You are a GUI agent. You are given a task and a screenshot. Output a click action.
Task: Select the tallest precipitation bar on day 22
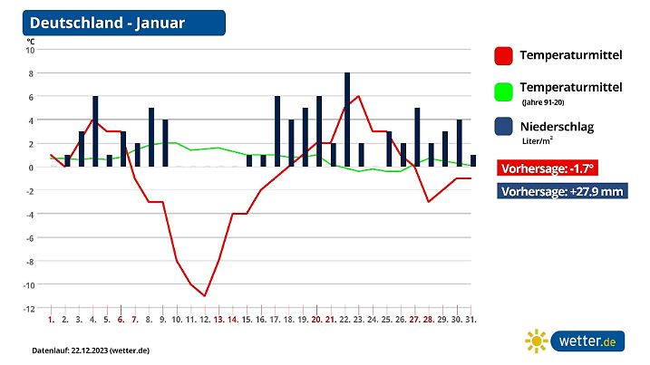point(347,120)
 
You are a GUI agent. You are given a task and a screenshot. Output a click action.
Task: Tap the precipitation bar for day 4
point(95,131)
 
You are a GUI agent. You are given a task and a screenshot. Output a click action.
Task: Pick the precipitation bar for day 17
point(277,131)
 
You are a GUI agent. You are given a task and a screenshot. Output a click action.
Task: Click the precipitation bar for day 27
point(417,137)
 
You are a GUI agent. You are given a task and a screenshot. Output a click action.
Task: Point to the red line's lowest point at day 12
point(206,295)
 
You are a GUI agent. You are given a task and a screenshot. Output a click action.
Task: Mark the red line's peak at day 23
point(359,96)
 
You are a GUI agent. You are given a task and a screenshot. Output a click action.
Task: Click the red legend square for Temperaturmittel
point(504,56)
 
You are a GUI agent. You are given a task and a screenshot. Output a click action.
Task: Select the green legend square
point(504,91)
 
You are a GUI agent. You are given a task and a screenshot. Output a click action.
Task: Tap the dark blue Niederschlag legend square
point(504,128)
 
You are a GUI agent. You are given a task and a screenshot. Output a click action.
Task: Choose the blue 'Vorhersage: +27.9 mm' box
point(561,191)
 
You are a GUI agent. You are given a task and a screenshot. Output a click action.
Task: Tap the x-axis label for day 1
point(52,320)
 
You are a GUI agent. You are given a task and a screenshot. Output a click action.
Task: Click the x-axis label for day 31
point(471,320)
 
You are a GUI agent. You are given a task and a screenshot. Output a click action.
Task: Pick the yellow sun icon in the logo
point(537,341)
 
